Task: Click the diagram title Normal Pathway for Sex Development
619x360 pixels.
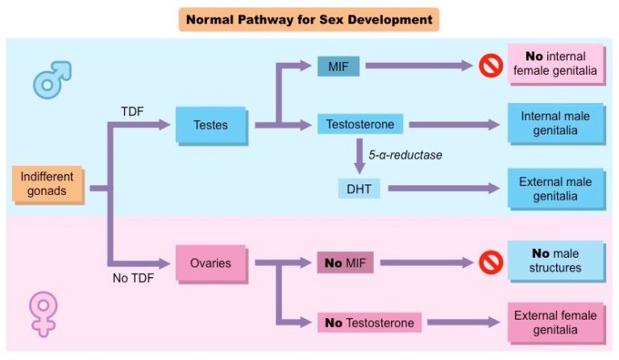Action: [x=309, y=18]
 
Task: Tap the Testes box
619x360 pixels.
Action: [x=210, y=125]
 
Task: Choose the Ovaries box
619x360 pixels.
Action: [x=211, y=263]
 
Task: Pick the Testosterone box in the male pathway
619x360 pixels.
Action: [x=359, y=125]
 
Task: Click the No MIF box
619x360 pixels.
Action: [x=344, y=263]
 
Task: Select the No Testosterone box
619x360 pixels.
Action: [x=369, y=323]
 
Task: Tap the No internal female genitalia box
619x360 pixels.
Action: [x=555, y=64]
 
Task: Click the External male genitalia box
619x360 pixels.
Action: [x=555, y=188]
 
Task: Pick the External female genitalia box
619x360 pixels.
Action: [x=555, y=323]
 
